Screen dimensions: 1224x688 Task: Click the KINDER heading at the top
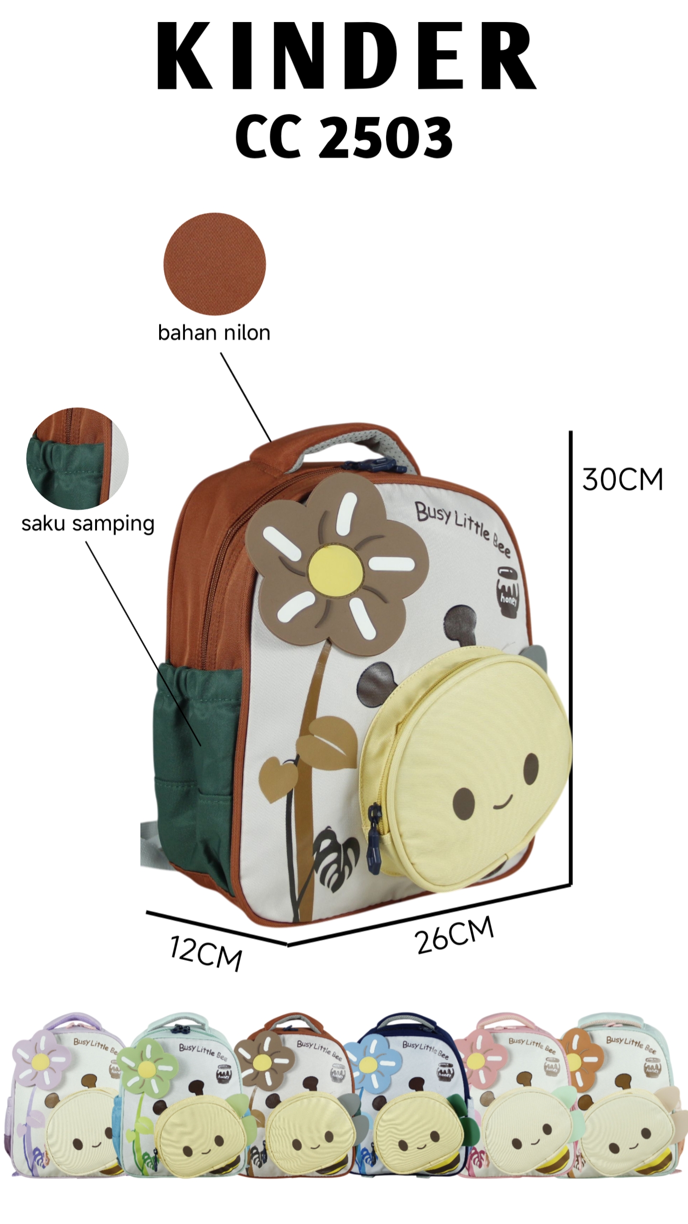(346, 56)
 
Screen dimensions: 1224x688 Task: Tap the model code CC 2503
(344, 138)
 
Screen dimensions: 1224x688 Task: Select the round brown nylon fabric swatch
(215, 263)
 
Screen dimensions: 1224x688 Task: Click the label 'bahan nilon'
(214, 333)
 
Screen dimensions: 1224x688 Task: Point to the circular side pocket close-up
(77, 459)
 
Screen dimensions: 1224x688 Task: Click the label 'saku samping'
(88, 524)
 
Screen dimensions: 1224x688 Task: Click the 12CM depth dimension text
(206, 953)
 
